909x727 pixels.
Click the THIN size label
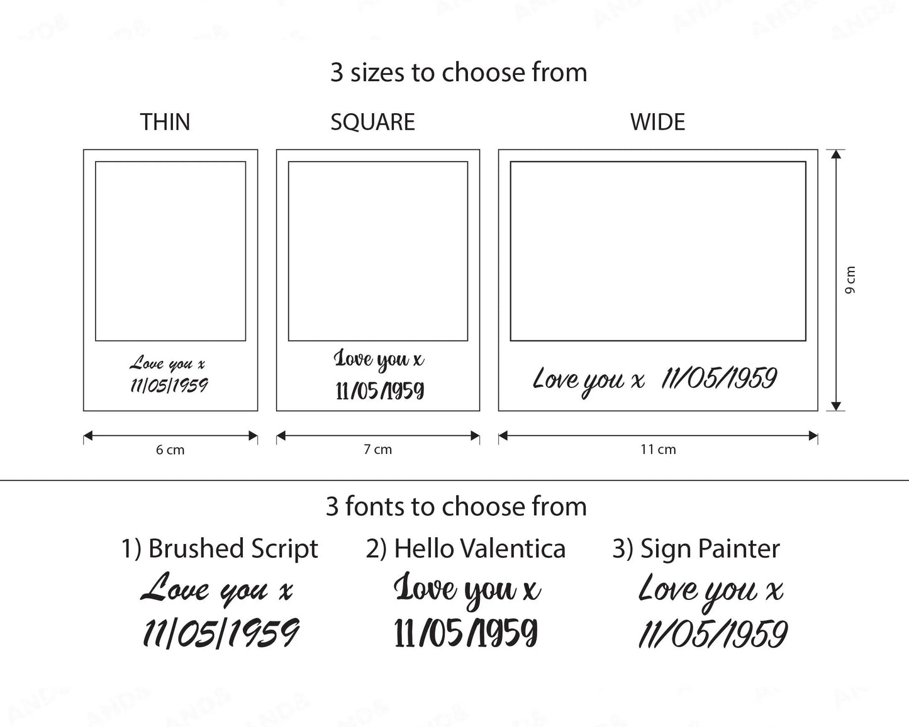click(165, 122)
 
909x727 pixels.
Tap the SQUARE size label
click(372, 123)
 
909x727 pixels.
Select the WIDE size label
click(657, 122)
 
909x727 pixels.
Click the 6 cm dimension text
click(170, 450)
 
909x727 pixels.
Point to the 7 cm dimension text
click(377, 450)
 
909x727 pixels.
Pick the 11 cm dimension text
click(658, 450)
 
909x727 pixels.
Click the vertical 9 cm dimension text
click(850, 280)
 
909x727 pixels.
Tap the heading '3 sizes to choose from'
click(459, 72)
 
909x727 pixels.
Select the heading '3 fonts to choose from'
click(456, 506)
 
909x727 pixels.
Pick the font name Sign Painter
click(710, 549)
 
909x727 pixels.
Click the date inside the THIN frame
click(169, 386)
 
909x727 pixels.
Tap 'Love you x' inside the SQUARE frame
click(379, 360)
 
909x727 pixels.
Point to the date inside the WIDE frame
click(719, 378)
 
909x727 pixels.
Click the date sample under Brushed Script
click(221, 633)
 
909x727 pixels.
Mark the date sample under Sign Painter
click(713, 634)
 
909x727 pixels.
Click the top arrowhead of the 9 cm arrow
click(835, 153)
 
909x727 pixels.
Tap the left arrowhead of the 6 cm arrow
click(88, 436)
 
